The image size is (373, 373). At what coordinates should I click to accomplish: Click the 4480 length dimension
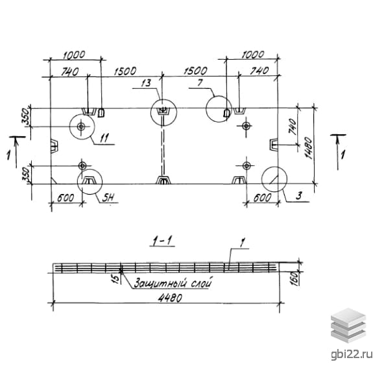(170, 298)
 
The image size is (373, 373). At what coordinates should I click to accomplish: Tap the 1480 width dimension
(309, 148)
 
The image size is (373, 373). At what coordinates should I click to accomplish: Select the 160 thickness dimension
(295, 278)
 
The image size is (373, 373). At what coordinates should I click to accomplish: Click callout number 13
(146, 83)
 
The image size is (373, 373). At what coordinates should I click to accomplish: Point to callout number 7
(200, 82)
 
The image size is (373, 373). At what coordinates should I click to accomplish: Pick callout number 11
(104, 138)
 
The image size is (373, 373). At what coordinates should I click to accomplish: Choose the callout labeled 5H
(108, 198)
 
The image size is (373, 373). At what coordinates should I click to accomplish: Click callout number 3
(299, 195)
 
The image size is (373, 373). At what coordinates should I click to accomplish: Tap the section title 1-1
(162, 241)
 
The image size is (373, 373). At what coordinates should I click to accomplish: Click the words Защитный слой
(173, 283)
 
